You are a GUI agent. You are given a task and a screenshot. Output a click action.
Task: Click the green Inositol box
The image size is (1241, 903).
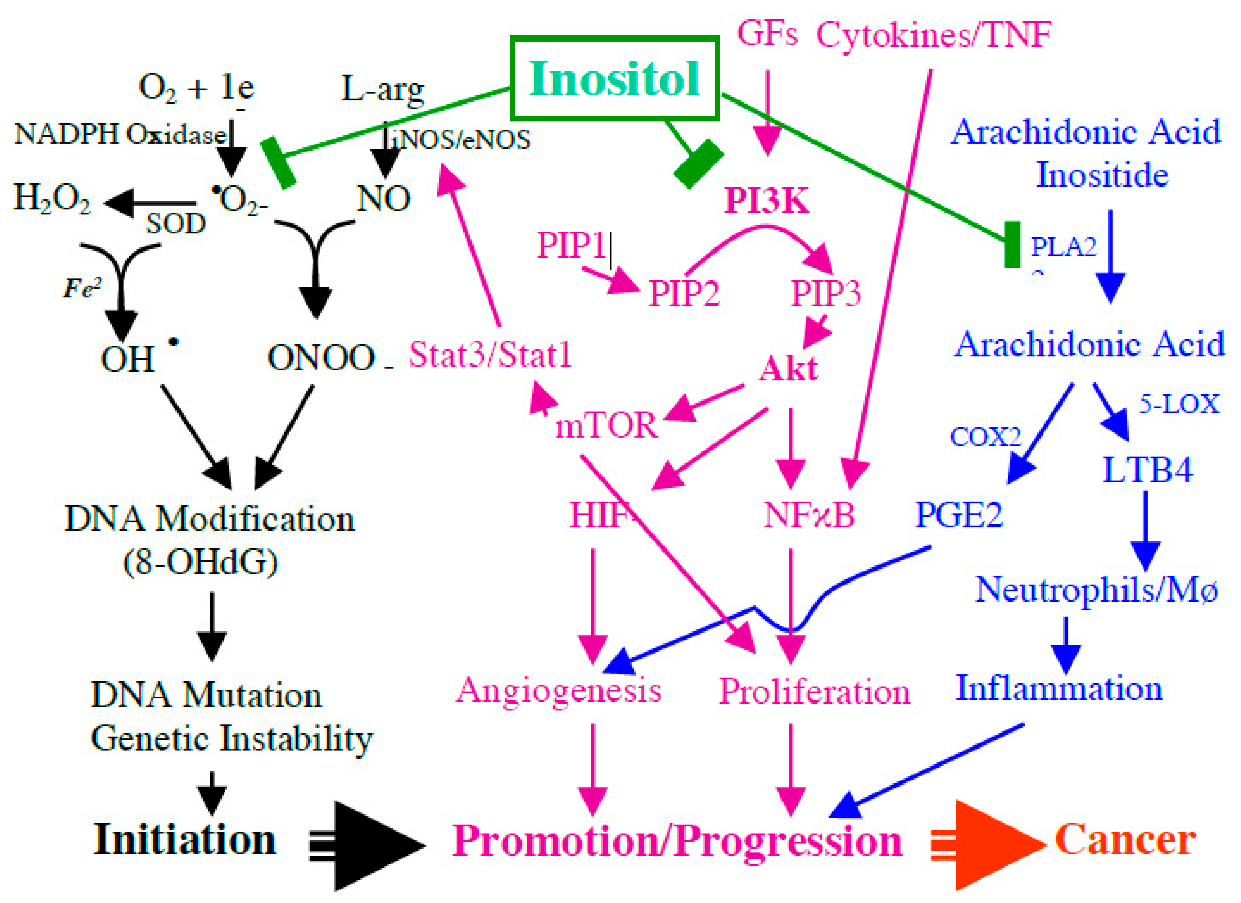pos(615,78)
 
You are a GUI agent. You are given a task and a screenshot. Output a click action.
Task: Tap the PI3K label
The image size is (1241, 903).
pos(766,201)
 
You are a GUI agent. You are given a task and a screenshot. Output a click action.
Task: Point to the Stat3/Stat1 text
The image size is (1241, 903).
pos(490,355)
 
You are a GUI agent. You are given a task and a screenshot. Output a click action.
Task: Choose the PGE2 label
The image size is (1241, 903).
pos(959,515)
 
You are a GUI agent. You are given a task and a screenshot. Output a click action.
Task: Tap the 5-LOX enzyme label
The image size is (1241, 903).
pos(1179,404)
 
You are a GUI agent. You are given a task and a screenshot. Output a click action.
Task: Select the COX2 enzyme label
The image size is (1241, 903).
pos(985,437)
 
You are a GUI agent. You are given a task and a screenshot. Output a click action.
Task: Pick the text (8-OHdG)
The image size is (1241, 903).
pos(201,561)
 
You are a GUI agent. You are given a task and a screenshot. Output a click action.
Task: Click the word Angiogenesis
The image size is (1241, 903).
pos(559,690)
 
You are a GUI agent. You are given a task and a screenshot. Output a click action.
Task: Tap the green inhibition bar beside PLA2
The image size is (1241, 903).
pos(1012,245)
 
